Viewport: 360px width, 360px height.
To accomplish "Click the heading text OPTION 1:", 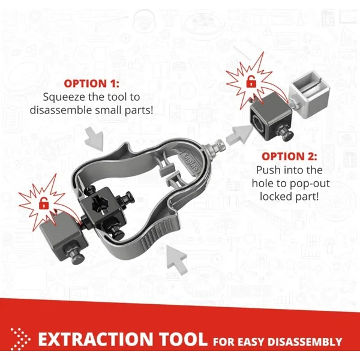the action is [x=92, y=83].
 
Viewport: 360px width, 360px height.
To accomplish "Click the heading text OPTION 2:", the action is [x=289, y=157].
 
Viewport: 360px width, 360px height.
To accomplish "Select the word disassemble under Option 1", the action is [x=61, y=110].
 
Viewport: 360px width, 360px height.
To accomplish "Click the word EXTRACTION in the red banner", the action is [x=95, y=339].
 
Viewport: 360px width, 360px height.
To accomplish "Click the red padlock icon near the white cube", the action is [x=251, y=82].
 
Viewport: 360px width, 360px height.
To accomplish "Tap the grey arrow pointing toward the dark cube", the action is [x=238, y=134].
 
